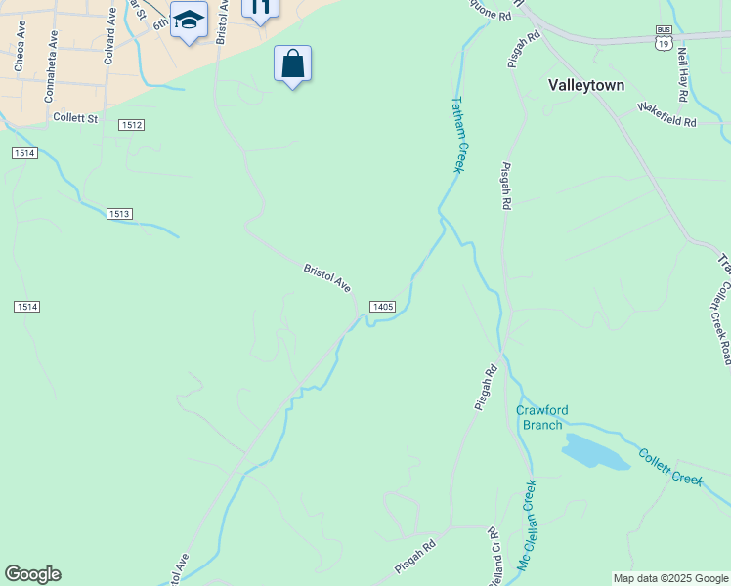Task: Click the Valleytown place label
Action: coord(586,85)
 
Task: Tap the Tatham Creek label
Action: coord(458,134)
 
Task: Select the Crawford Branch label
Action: coord(541,417)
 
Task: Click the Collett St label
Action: coord(76,119)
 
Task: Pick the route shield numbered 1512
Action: coord(132,125)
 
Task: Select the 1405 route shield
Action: coord(382,307)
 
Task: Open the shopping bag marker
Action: coord(292,64)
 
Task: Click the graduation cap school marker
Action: coord(189,20)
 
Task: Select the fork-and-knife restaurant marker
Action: coord(260,8)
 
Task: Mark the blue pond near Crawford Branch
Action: coord(595,452)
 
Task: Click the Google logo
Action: coord(32,574)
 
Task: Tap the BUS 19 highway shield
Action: coord(665,38)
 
